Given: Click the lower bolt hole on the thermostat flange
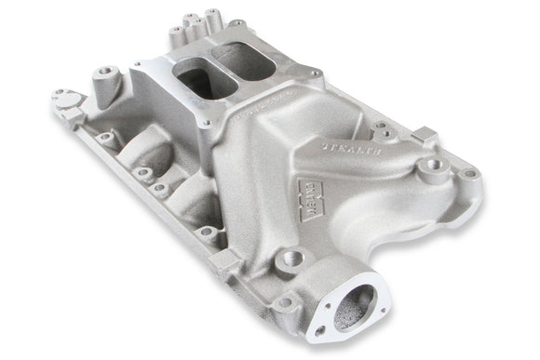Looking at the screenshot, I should pyautogui.click(x=322, y=330).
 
